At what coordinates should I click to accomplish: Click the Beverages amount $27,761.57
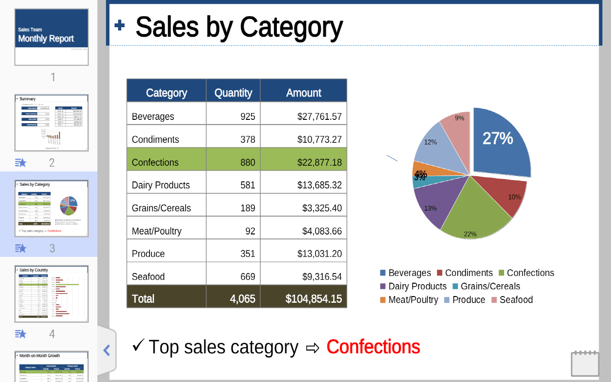coord(319,117)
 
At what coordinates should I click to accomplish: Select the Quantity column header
coord(233,93)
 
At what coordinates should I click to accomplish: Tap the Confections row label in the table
coord(155,162)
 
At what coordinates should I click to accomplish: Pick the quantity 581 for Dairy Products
coord(247,185)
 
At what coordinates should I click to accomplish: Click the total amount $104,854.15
coord(313,299)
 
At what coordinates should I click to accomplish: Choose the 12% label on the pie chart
coord(431,142)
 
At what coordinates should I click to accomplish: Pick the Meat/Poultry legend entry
coord(409,300)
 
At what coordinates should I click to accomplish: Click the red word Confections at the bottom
coord(373,347)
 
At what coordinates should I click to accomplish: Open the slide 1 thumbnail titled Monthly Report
coord(52,37)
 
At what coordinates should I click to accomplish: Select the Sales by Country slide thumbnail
coord(52,294)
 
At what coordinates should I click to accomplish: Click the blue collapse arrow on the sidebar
coord(106,350)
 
